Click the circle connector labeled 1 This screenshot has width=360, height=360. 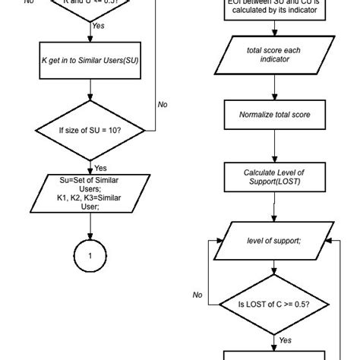tap(90, 257)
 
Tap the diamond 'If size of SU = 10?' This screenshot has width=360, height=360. tap(90, 130)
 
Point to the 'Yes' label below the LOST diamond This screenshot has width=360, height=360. tap(286, 339)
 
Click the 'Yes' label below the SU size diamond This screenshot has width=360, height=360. tap(100, 167)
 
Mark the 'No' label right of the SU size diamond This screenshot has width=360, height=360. tap(162, 105)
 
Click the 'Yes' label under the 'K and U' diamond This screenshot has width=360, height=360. tap(99, 25)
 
